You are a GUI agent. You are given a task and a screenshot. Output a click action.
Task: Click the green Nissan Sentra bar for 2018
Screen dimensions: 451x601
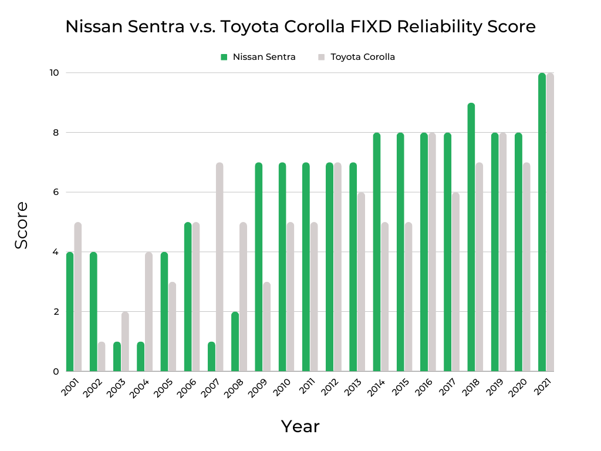(471, 237)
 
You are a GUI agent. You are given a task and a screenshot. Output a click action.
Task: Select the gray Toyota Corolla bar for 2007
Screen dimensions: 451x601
(220, 267)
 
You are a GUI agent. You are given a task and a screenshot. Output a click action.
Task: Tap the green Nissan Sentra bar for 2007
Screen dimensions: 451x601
(211, 356)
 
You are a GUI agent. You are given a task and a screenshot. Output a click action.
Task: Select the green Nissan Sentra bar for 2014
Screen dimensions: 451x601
(377, 252)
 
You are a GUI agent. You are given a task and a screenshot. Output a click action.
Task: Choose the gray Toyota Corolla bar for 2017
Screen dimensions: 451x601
(455, 282)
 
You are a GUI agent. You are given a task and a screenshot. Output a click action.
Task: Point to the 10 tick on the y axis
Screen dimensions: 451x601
(55, 73)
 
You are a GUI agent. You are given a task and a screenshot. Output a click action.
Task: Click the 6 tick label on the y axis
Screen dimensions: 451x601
(56, 192)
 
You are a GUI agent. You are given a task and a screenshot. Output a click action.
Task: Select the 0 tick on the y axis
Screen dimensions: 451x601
(56, 371)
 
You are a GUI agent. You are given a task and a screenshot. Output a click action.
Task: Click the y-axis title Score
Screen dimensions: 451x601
(22, 225)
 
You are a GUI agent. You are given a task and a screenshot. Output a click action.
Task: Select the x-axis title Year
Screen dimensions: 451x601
(300, 426)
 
